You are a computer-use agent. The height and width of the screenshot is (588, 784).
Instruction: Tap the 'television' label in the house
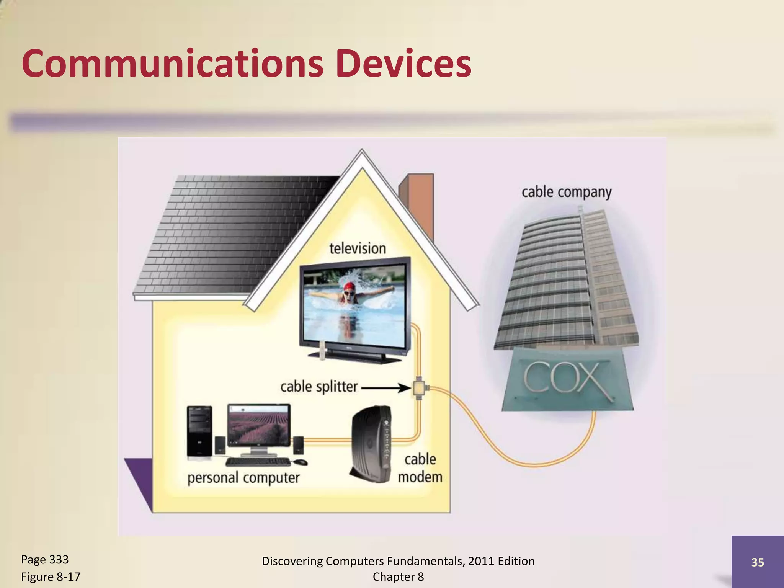point(358,248)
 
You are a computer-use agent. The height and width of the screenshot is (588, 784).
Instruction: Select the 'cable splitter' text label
point(318,387)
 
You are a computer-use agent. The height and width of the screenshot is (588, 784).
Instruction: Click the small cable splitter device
point(419,388)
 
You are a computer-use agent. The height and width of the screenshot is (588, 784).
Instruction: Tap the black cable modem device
point(371,444)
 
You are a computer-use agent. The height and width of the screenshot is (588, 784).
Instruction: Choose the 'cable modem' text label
point(420,468)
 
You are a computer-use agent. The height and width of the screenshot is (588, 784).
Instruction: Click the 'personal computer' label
point(243,478)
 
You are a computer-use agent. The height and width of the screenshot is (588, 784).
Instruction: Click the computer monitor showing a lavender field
point(259,425)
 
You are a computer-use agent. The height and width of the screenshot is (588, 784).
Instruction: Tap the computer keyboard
point(258,462)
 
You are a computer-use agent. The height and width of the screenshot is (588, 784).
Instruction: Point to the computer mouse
point(300,462)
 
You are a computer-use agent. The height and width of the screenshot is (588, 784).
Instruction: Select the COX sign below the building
point(567,379)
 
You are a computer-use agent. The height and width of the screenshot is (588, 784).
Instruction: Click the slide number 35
point(758,562)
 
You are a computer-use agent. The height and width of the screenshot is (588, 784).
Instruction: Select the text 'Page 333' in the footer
point(45,560)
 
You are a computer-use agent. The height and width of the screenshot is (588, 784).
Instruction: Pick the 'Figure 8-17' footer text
point(51,577)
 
